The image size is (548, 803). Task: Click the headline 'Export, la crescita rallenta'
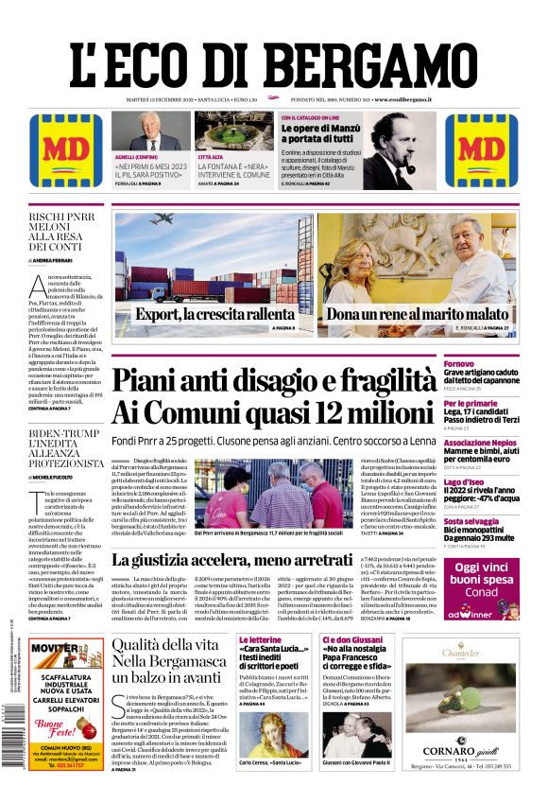214,314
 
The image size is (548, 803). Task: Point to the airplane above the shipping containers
162,219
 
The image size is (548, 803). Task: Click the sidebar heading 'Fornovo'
459,364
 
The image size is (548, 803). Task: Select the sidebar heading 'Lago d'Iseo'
465,482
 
